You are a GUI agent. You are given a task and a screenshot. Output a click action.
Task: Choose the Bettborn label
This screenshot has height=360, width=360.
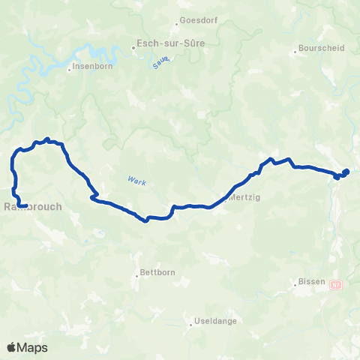(157, 273)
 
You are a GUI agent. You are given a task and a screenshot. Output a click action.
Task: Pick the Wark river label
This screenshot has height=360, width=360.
(136, 181)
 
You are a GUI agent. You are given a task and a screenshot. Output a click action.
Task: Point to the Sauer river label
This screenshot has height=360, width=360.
(159, 64)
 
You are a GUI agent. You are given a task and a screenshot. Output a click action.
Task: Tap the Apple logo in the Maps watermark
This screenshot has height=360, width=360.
(12, 346)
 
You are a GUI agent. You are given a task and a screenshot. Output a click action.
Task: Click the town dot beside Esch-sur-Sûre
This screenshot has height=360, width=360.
(133, 49)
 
